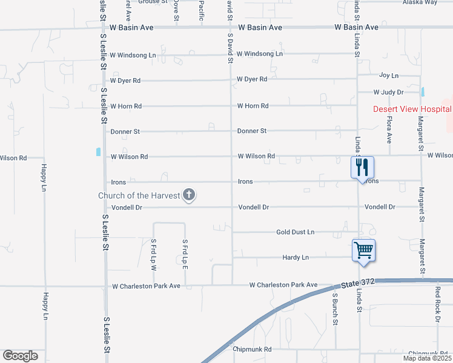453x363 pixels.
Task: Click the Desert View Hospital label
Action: [412, 109]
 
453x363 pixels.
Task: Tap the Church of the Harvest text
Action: [140, 195]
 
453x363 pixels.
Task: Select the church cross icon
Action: [189, 195]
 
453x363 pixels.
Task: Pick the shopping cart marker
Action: [363, 249]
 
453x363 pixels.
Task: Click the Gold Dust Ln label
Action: [295, 232]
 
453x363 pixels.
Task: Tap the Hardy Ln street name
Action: [296, 257]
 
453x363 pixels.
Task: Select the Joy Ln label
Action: [388, 75]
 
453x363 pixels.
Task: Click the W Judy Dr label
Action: [388, 92]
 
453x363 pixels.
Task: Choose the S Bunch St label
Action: [335, 309]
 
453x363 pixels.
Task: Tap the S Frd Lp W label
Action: [154, 255]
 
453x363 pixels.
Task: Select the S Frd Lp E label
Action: [185, 255]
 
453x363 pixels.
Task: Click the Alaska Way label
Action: [420, 2]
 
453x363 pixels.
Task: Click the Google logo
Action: [20, 356]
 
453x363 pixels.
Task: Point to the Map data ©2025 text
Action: [427, 358]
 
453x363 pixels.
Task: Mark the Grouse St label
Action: [153, 2]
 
